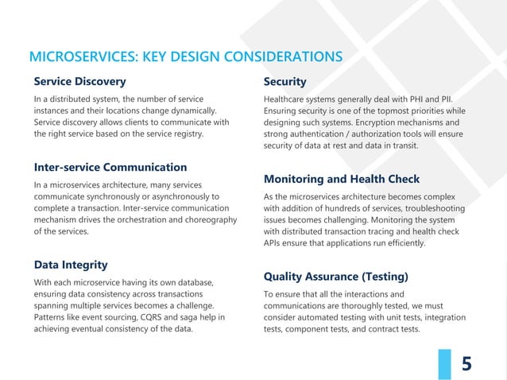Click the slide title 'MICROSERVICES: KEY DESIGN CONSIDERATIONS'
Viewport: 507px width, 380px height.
coord(185,56)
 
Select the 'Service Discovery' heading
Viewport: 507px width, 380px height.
coord(79,81)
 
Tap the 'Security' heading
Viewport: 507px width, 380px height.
coord(284,82)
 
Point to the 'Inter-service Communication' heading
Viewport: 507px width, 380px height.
coord(110,167)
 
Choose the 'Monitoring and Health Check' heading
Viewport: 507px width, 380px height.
coord(341,179)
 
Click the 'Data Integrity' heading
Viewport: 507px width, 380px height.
coord(71,264)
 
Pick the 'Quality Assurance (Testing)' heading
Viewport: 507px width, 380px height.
coord(335,277)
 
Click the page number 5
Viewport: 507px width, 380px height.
coord(466,364)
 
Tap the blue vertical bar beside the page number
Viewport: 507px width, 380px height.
coord(443,363)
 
